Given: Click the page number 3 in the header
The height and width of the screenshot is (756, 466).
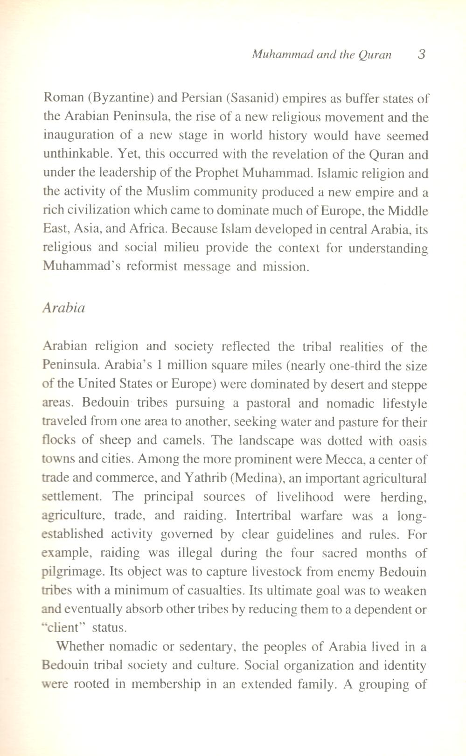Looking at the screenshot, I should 422,55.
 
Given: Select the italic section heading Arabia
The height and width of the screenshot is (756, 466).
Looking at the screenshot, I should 64,308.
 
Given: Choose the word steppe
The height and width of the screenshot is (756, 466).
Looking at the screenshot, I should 410,385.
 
